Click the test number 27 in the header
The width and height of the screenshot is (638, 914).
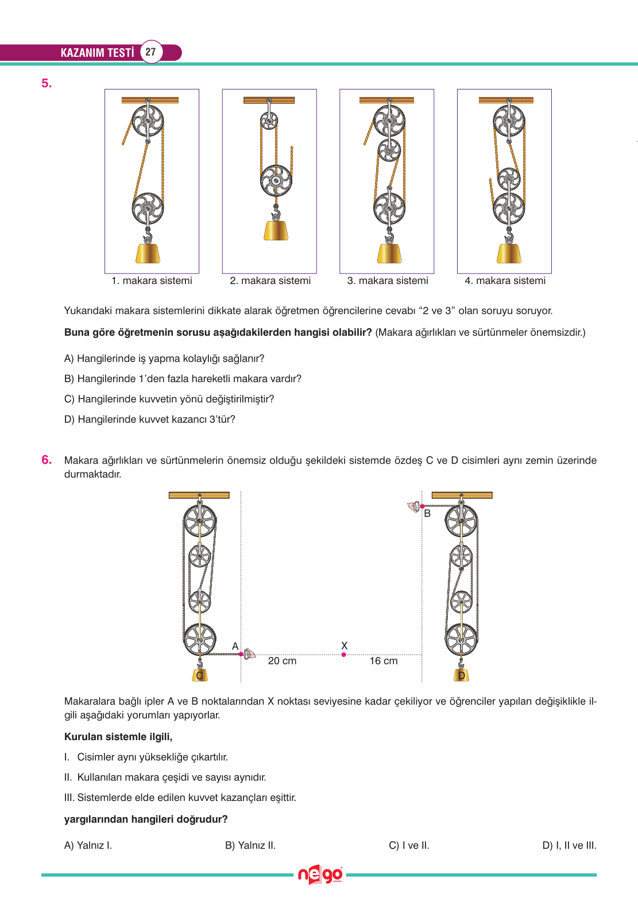coord(150,52)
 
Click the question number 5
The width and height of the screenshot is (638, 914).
coord(47,83)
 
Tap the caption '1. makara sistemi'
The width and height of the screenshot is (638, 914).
coord(152,281)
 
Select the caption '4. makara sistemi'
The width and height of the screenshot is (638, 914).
coord(505,281)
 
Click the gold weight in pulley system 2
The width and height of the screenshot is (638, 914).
coord(276,230)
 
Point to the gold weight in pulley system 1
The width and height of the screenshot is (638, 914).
coord(148,253)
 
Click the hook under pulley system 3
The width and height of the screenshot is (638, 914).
coord(389,236)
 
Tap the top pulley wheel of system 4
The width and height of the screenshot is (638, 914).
coord(509,121)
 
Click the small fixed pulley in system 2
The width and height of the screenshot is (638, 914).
coord(269,120)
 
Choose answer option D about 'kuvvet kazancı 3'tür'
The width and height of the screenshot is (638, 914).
coord(150,419)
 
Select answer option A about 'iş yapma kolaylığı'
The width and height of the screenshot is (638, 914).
coord(164,359)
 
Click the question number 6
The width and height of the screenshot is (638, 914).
coord(47,460)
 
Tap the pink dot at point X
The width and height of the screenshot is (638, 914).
coord(343,655)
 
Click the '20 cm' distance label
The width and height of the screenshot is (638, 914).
coord(282,661)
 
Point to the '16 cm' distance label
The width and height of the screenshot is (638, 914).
coord(383,661)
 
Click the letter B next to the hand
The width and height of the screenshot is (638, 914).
coord(427,514)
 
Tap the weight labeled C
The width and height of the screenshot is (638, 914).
coord(199,675)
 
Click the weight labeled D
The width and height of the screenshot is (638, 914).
coord(461,675)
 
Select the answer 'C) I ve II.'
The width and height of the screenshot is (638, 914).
coord(409,845)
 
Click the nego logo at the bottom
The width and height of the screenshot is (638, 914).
coord(320,875)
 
